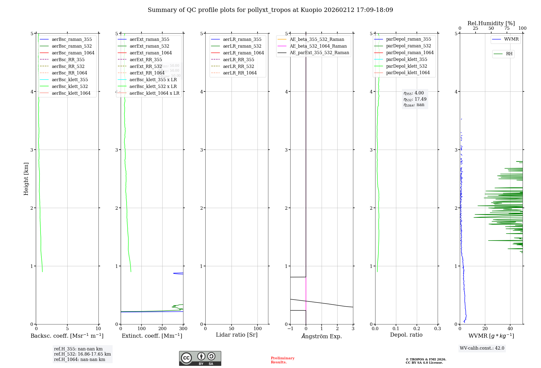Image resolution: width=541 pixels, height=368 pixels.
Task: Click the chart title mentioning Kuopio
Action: (270, 10)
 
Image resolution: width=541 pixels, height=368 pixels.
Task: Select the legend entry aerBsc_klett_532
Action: (70, 86)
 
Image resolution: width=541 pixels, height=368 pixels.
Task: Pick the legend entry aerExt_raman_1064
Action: (150, 53)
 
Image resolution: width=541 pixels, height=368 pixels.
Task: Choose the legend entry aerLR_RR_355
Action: (238, 60)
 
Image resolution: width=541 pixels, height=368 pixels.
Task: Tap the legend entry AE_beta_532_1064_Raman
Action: (318, 46)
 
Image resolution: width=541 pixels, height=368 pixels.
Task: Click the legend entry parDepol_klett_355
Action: (407, 59)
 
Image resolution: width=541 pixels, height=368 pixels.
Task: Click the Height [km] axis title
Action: (26, 179)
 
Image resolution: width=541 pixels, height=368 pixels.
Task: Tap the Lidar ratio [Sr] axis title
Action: (237, 335)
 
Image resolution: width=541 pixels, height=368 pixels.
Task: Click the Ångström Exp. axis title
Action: (322, 336)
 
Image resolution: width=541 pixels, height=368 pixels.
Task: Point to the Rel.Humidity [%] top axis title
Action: (491, 23)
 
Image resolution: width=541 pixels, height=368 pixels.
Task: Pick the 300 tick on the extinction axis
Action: (183, 328)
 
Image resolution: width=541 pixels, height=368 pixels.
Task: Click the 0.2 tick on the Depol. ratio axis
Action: (417, 328)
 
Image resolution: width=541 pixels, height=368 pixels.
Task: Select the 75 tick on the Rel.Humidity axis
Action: (507, 28)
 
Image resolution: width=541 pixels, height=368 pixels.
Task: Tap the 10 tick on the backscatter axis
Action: (98, 328)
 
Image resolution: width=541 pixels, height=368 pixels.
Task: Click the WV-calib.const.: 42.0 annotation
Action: (482, 348)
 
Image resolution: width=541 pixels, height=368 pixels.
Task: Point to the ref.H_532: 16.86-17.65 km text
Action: (82, 354)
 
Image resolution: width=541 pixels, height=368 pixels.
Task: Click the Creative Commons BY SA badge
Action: (200, 358)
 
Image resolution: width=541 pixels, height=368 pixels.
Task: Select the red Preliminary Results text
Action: (282, 360)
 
